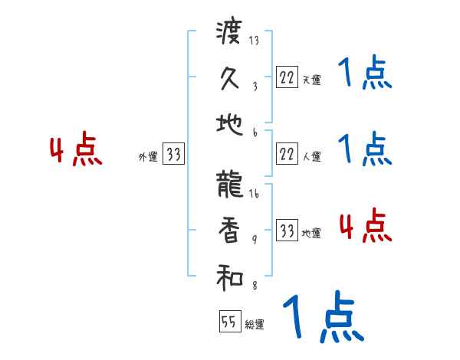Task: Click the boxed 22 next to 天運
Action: coord(287,77)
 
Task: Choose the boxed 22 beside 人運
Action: coord(287,155)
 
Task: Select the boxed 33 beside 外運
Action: coord(173,155)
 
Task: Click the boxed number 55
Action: coord(229,322)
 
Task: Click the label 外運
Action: coord(148,157)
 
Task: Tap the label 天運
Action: coord(311,80)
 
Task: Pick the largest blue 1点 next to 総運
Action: coord(322,316)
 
